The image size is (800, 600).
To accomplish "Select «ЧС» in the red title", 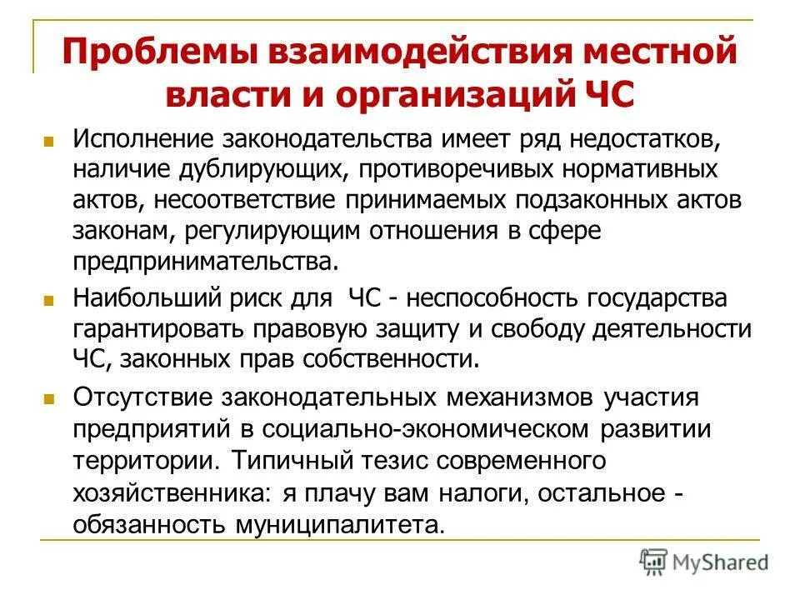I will pyautogui.click(x=606, y=93).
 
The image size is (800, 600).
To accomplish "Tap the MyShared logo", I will pyautogui.click(x=703, y=562).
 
